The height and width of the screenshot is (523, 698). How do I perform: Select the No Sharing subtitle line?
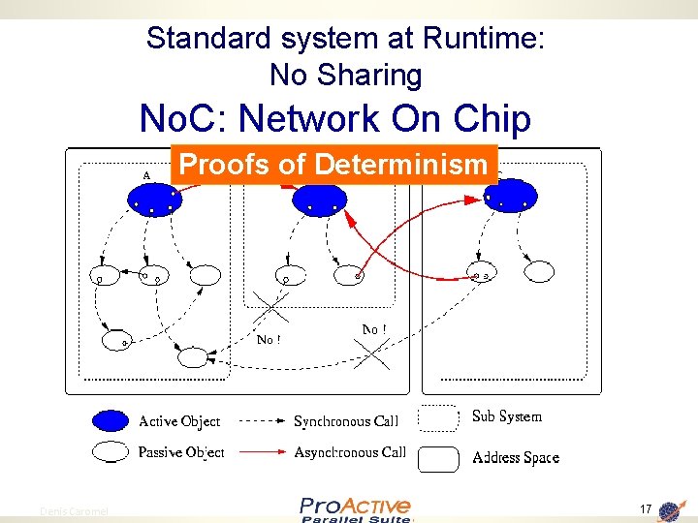coord(345,75)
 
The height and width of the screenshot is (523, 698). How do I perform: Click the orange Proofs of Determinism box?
coord(333,165)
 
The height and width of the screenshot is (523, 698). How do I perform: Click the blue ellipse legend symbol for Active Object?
coord(111,420)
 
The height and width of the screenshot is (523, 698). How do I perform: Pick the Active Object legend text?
coord(179,421)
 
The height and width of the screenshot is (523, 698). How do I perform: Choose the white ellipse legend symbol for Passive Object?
coord(111,451)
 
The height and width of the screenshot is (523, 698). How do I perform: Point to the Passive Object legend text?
coord(181,452)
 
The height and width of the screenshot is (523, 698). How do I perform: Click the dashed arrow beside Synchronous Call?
coord(259,421)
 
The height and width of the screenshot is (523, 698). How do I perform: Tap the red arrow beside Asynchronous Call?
coord(259,452)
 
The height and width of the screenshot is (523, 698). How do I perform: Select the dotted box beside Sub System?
coord(438,417)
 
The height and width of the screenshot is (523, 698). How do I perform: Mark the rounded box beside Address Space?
coord(438,458)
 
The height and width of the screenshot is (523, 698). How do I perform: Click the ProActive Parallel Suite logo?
coord(355,509)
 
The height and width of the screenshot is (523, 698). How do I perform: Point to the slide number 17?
coord(645,509)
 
